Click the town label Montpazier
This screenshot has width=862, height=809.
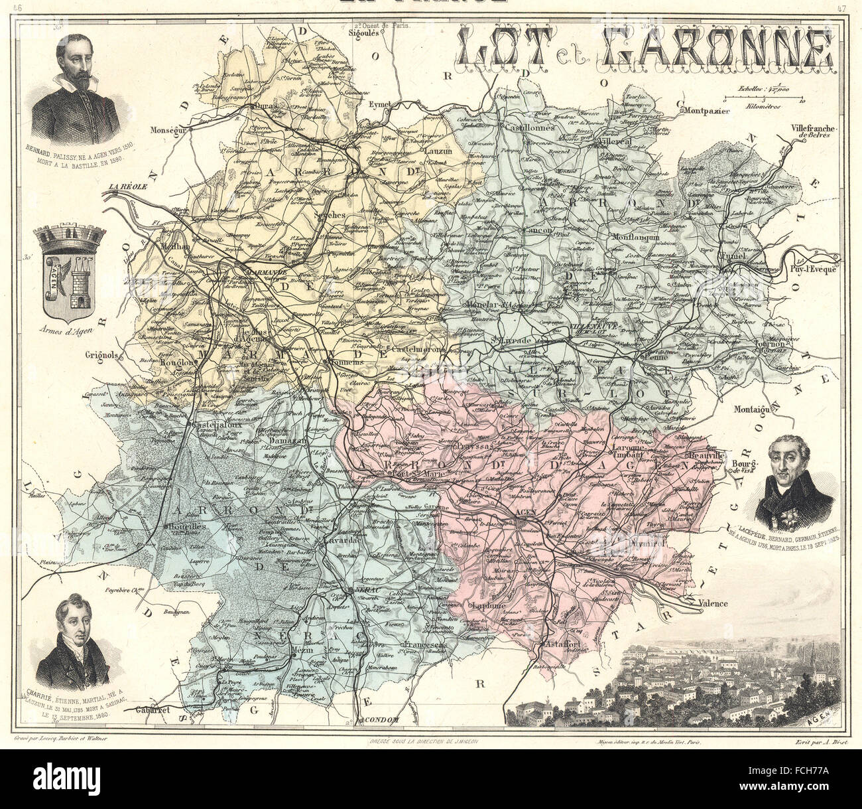click(x=706, y=111)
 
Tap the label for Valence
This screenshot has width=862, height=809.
click(x=712, y=604)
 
